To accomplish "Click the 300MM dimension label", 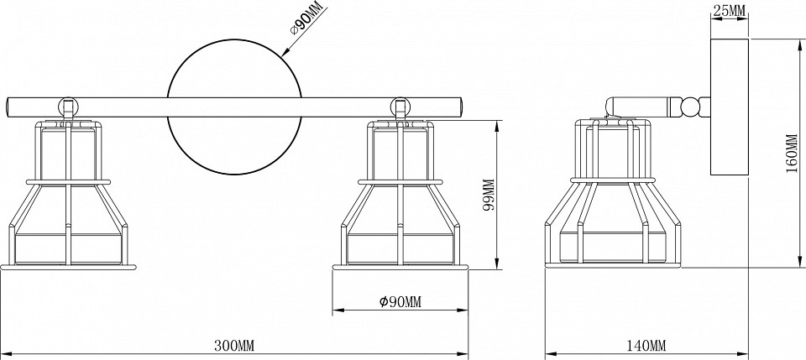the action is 234,345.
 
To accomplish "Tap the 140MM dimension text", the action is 646,345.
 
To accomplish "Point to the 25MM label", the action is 730,9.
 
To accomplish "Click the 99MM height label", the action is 489,195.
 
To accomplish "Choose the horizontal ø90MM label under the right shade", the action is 400,302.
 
